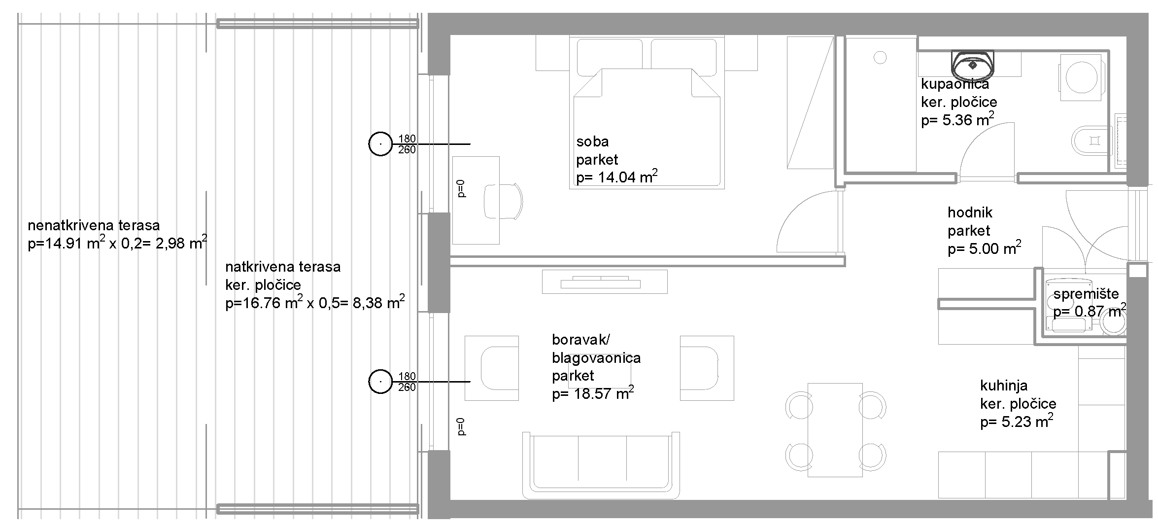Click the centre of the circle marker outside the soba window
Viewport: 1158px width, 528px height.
[x=380, y=144]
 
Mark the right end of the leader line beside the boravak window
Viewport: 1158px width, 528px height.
[x=470, y=382]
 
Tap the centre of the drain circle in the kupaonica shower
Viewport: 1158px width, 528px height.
[x=880, y=58]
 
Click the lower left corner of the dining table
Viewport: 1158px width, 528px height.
[x=808, y=477]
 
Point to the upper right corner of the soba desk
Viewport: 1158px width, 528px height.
[x=499, y=157]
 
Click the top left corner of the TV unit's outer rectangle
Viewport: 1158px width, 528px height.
[x=543, y=270]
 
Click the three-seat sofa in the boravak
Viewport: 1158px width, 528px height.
[x=601, y=465]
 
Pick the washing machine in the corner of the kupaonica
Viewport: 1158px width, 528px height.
[x=1081, y=77]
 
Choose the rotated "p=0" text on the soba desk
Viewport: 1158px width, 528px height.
[x=461, y=189]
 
